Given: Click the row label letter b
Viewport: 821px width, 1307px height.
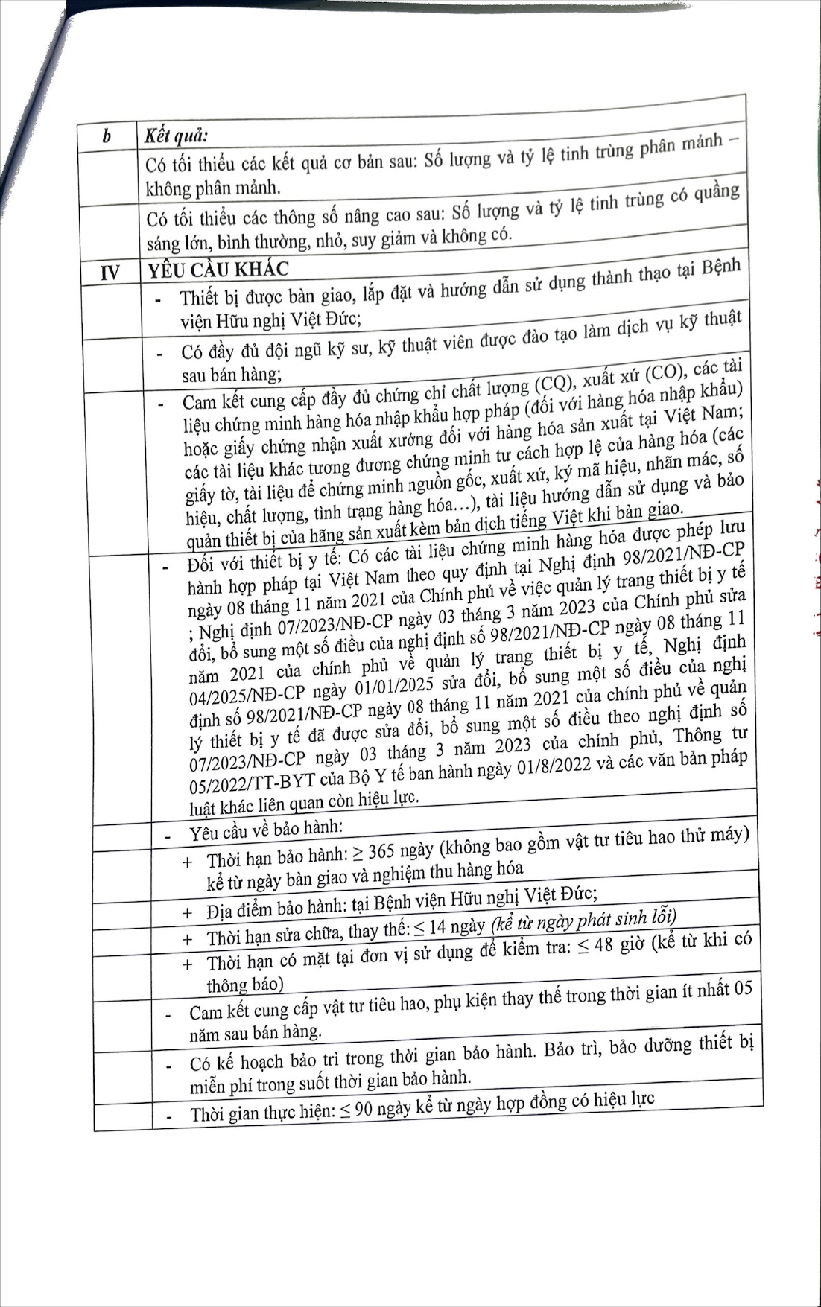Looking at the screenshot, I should click(107, 137).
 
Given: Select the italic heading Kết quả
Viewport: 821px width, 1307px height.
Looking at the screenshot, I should click(176, 136).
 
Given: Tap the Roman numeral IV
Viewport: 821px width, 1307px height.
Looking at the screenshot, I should click(110, 273).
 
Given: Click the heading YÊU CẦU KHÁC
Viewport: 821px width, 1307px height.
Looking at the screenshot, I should click(218, 270).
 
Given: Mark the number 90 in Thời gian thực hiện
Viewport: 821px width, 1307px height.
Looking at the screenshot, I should click(364, 1110).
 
